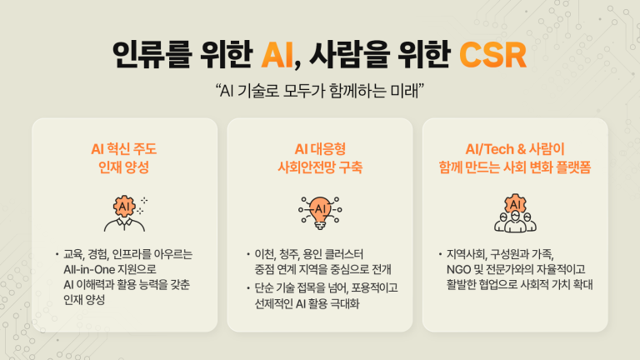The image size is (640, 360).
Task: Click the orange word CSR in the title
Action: click(x=492, y=55)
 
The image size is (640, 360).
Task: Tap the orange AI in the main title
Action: click(x=277, y=55)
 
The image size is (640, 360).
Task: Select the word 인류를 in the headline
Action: click(x=152, y=55)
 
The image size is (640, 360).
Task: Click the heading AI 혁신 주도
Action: click(x=123, y=149)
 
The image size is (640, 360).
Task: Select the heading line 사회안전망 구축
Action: click(x=320, y=167)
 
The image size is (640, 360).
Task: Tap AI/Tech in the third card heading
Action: click(x=489, y=149)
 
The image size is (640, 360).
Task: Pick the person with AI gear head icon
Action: click(x=124, y=213)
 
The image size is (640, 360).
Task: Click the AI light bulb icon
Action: click(x=320, y=212)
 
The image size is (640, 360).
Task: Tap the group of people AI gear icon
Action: click(x=515, y=213)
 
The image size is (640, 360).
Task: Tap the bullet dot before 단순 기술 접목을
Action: click(x=248, y=288)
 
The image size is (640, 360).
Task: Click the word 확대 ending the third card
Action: click(x=582, y=284)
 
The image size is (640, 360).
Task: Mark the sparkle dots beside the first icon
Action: click(x=142, y=206)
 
